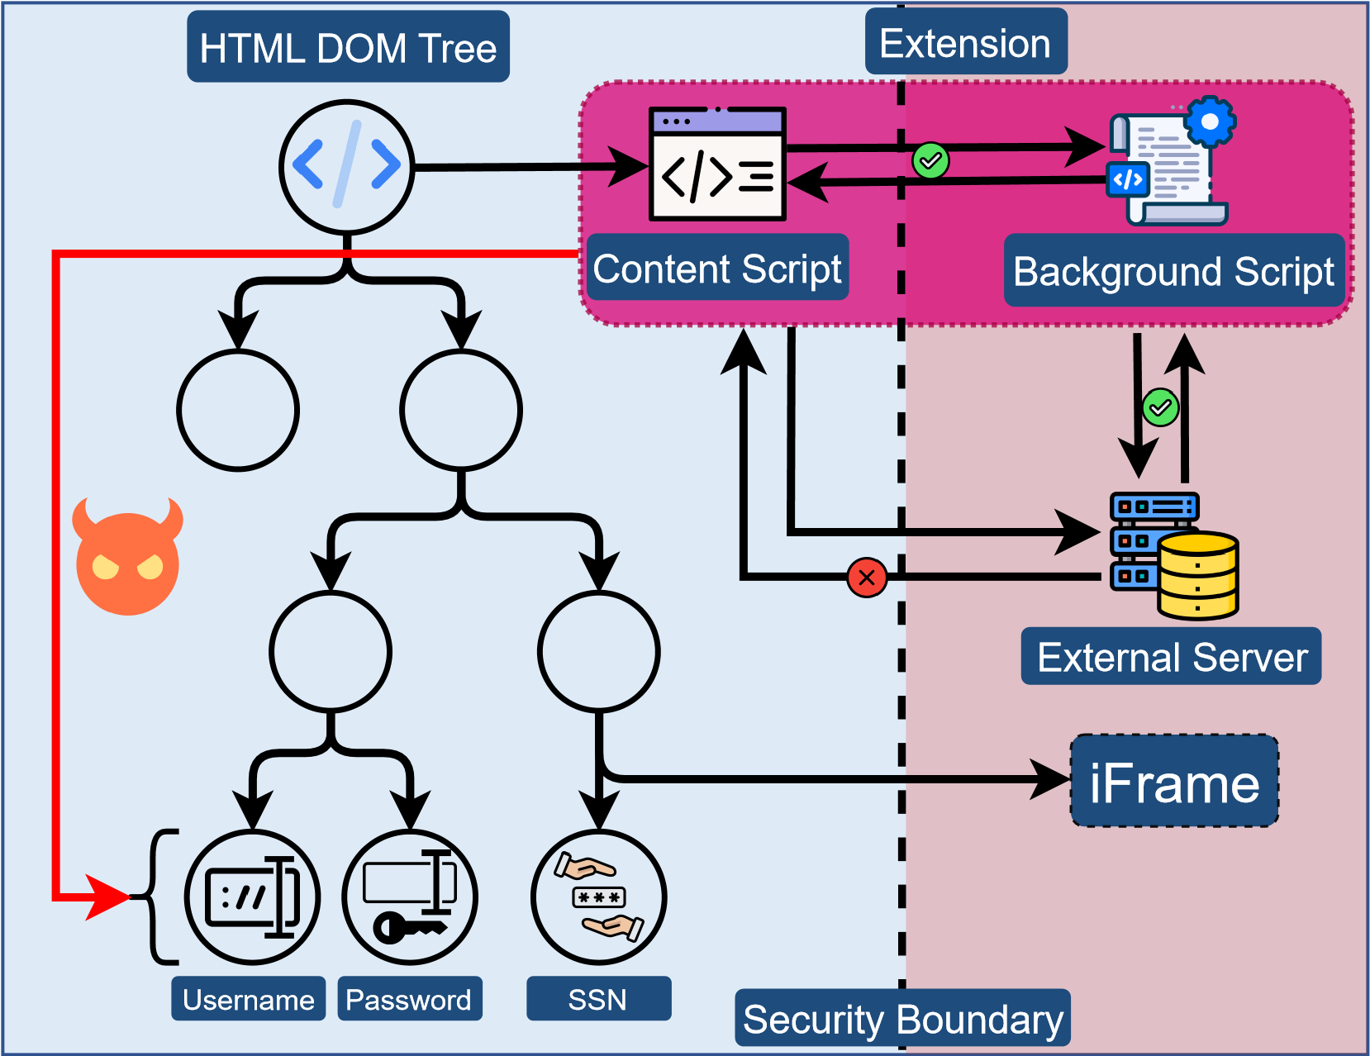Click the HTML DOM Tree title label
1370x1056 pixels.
(x=348, y=47)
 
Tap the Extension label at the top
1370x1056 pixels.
(x=965, y=43)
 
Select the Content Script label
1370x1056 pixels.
(x=717, y=269)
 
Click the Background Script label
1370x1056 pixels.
(x=1173, y=271)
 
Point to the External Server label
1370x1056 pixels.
(x=1172, y=657)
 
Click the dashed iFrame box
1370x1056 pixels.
(x=1174, y=782)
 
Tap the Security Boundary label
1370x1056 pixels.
(x=902, y=1018)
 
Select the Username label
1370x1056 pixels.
(x=248, y=1000)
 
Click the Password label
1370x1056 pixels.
(x=409, y=1000)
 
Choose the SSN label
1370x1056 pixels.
(x=598, y=1000)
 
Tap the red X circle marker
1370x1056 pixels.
(x=867, y=577)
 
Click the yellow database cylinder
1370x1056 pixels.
(x=1197, y=576)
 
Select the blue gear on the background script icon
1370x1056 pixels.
(x=1210, y=121)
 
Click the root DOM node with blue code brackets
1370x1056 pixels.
(x=347, y=166)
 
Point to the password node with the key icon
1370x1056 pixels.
(x=410, y=897)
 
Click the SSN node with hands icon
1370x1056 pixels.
(x=599, y=897)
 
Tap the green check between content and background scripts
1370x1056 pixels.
(x=930, y=160)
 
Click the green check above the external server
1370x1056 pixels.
(x=1160, y=407)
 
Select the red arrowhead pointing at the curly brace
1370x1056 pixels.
(x=107, y=897)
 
